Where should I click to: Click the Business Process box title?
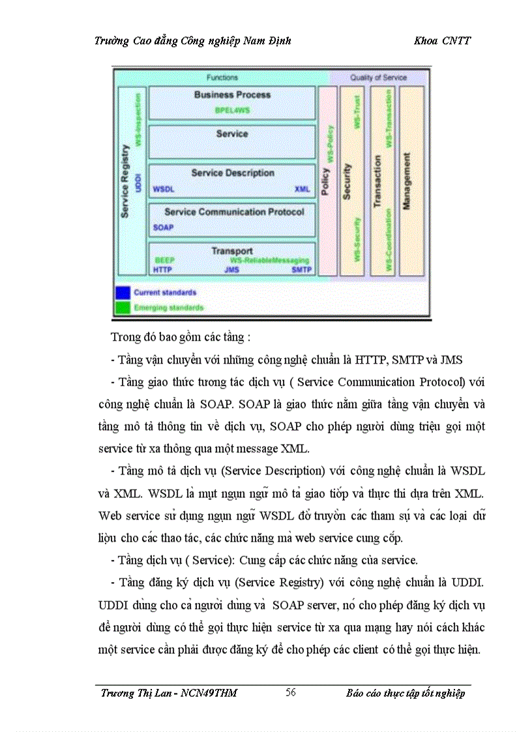coord(232,95)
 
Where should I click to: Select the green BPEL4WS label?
coord(232,110)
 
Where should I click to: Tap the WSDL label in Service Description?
coord(163,189)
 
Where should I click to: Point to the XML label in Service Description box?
coord(303,189)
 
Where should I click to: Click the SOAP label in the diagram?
coord(163,227)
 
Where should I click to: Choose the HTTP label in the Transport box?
coord(163,269)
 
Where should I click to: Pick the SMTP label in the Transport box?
coord(301,269)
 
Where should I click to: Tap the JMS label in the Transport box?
coord(231,269)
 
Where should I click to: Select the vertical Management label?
coord(407,181)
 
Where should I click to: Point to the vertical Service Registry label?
coord(125,181)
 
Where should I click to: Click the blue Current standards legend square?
coord(123,293)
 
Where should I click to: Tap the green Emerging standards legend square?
coord(123,307)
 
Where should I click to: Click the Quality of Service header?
coord(378,78)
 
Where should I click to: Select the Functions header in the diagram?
coord(222,78)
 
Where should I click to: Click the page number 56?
coord(291,692)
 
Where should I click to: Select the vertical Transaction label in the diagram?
coord(377,181)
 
